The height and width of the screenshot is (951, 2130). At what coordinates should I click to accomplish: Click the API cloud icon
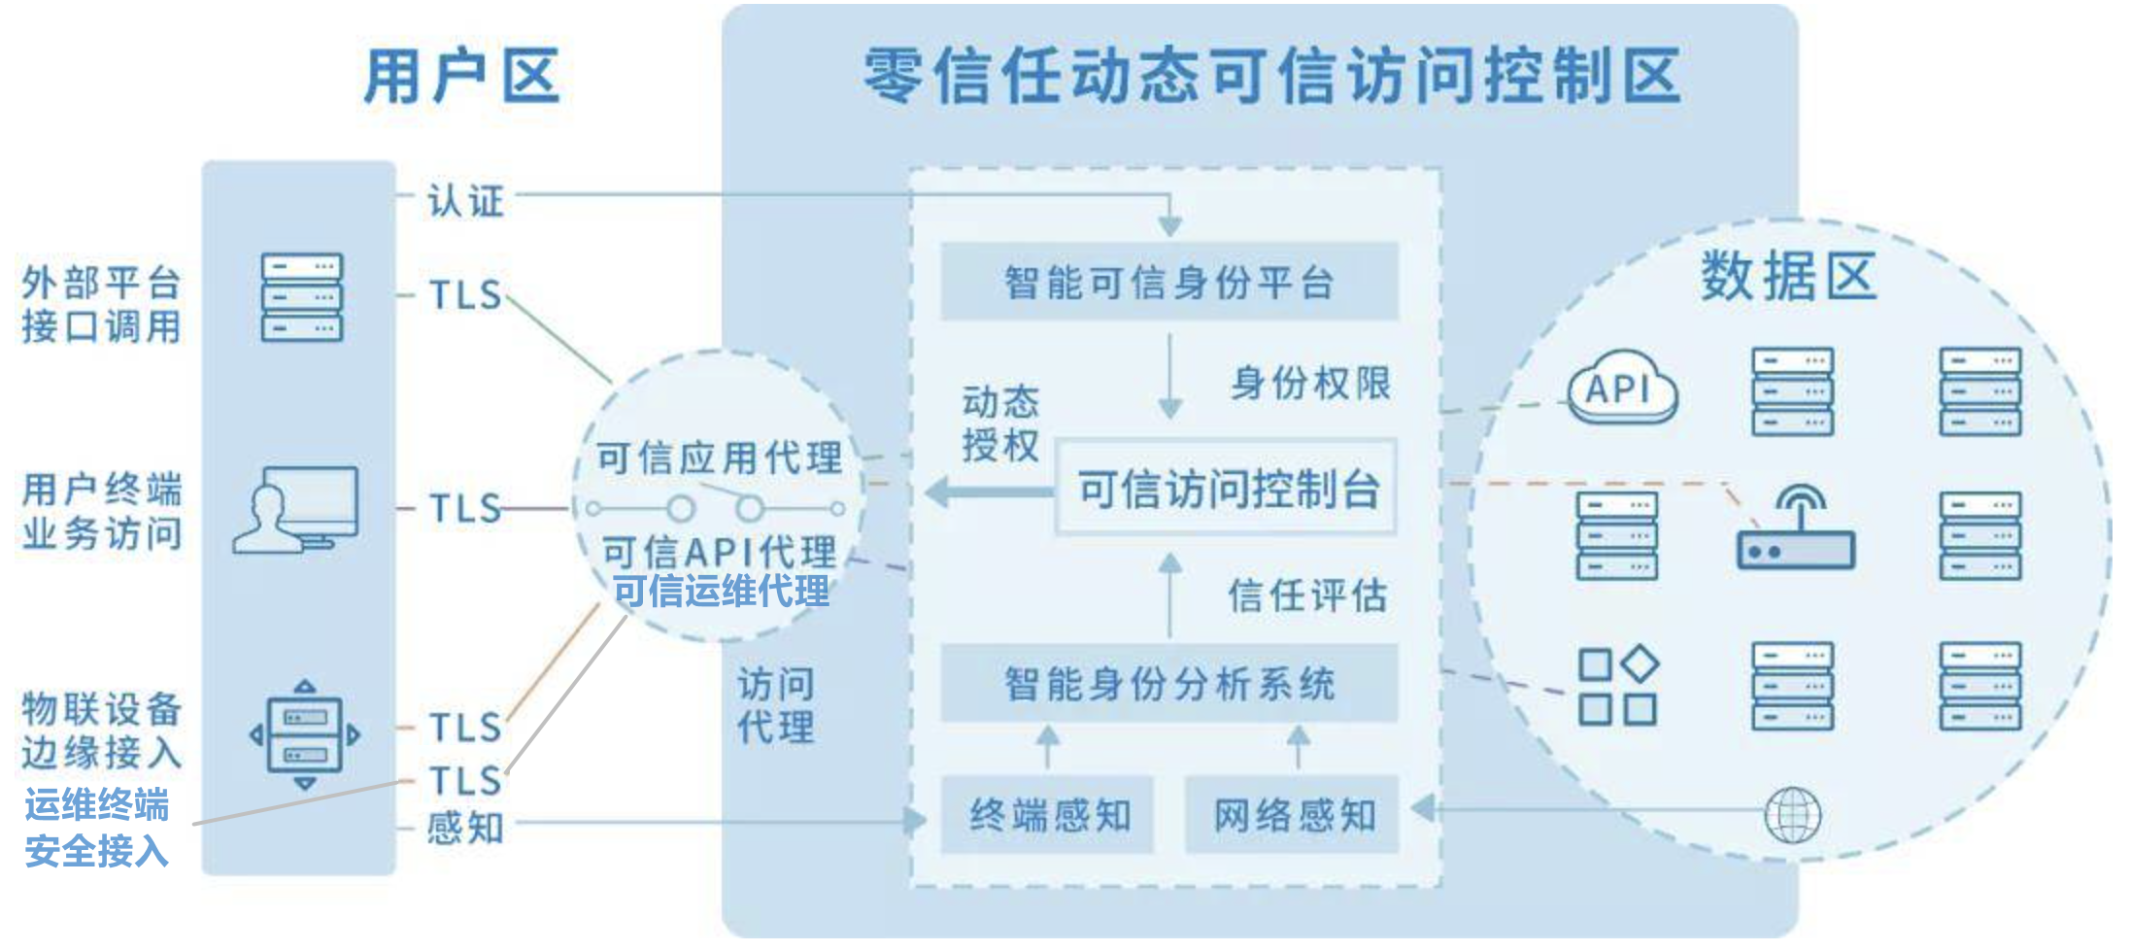tap(1622, 389)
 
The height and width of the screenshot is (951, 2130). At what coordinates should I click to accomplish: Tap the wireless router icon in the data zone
tap(1796, 529)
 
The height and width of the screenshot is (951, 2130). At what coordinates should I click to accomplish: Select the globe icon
tap(1792, 815)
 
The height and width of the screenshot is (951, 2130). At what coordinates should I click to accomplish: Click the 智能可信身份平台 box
tap(1169, 282)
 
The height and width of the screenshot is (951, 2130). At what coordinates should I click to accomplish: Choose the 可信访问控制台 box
tap(1226, 488)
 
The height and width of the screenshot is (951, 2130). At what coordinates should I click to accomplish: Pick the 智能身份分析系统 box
tap(1169, 683)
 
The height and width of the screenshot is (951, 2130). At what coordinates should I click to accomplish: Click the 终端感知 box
tap(1048, 815)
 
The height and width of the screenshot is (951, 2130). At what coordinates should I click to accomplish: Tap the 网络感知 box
tap(1293, 815)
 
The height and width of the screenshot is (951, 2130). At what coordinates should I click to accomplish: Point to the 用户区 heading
tap(461, 76)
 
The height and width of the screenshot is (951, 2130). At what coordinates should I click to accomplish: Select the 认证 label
tap(465, 201)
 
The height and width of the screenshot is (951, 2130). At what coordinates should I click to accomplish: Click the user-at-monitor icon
tap(296, 510)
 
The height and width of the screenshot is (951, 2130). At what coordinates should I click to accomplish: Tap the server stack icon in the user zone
tap(302, 297)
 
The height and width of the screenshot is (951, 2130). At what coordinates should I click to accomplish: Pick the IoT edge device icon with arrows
tap(305, 734)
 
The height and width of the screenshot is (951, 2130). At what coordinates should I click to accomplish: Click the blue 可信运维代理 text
tap(721, 591)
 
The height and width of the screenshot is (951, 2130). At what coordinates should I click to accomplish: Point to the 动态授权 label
tap(999, 423)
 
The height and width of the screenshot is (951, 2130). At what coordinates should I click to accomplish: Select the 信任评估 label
tap(1307, 594)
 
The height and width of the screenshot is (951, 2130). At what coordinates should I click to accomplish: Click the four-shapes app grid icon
tap(1618, 686)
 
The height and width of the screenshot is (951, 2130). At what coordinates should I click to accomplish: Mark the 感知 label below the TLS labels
tap(465, 828)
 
